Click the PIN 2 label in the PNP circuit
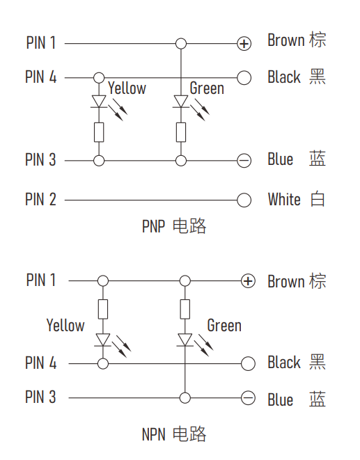(40, 200)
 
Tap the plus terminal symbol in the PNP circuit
(244, 44)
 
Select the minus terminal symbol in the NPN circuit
(248, 398)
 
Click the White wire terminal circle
(244, 200)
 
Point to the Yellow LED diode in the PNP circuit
(99, 102)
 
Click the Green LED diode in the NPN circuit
(185, 340)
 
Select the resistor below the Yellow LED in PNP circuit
(99, 132)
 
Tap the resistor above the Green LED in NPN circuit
(185, 309)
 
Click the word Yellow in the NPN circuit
(65, 326)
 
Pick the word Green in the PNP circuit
(207, 88)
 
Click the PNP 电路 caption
(174, 226)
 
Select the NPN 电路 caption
(174, 434)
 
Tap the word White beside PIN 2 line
(284, 200)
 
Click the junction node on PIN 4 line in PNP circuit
(99, 78)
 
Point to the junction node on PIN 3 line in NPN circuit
(185, 398)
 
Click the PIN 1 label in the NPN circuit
(41, 280)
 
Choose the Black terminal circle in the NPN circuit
(248, 364)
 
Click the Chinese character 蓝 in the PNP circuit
(318, 159)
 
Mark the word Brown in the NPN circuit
(286, 282)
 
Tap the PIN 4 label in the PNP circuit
(41, 77)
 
